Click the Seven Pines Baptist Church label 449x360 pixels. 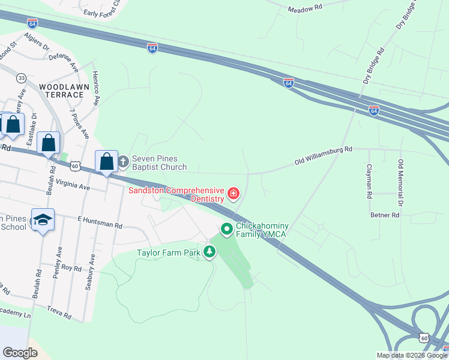[159, 162]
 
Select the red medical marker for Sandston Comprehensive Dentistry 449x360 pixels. [233, 194]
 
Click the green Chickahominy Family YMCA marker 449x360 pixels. [227, 229]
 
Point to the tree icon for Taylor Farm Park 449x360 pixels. [209, 252]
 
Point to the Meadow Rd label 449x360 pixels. [305, 9]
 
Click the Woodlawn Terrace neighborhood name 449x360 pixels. [61, 91]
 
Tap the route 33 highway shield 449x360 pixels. [22, 78]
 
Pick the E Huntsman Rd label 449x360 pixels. [100, 223]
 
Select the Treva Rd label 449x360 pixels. [59, 313]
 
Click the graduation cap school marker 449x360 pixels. [43, 220]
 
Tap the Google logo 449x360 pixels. [20, 353]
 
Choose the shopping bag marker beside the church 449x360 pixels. [106, 161]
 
